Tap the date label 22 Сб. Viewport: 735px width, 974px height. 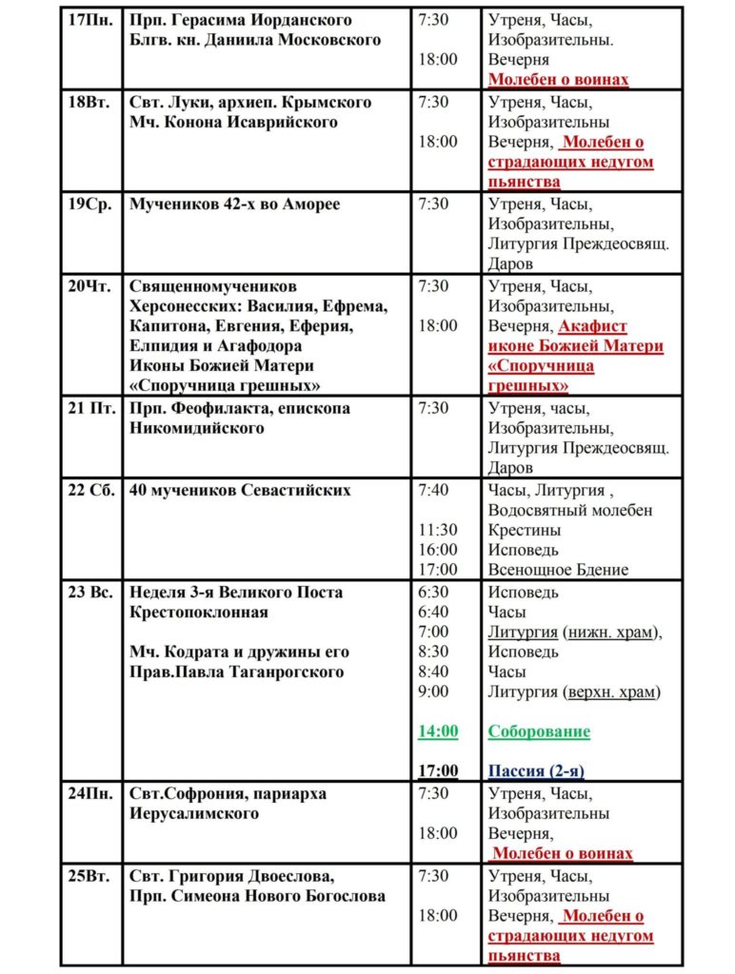(90, 491)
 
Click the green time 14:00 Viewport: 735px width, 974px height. (438, 731)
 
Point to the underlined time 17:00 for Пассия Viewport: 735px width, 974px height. (438, 771)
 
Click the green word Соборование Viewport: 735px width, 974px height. (539, 731)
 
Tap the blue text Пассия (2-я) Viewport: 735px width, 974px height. (536, 771)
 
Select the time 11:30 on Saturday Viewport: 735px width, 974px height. (438, 530)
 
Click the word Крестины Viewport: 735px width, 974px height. (525, 530)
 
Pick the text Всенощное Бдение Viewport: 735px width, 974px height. (558, 570)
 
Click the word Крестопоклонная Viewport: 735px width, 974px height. (199, 612)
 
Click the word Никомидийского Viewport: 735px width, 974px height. (196, 428)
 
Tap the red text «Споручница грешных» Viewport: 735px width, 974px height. (541, 376)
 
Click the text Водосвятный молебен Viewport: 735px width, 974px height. (570, 511)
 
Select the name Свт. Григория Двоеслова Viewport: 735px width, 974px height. (231, 875)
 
